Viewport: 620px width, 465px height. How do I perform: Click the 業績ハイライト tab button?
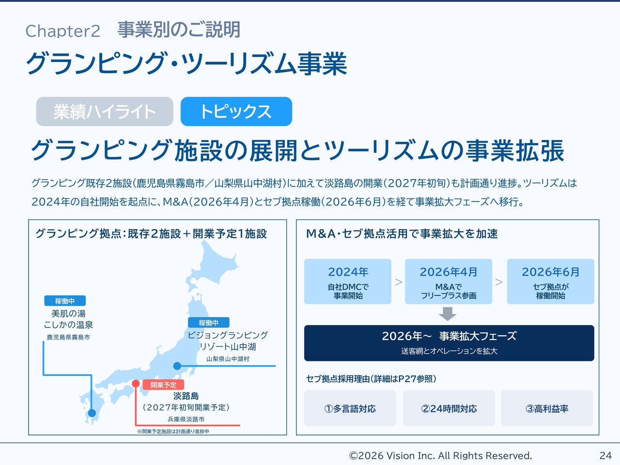(x=105, y=111)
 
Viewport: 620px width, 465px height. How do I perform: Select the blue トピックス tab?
(x=236, y=111)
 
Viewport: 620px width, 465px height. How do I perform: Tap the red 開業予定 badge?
(x=163, y=385)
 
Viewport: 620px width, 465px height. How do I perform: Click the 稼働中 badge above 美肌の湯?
(x=65, y=301)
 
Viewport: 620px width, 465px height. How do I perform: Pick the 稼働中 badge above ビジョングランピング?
(x=209, y=323)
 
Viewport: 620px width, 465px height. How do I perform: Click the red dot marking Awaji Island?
(x=136, y=384)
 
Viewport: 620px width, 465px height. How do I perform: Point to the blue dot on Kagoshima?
(x=92, y=413)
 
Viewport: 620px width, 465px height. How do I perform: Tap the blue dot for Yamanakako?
(x=177, y=366)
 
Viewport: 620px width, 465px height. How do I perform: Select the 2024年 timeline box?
(x=348, y=281)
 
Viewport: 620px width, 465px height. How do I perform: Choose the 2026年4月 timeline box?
(x=449, y=281)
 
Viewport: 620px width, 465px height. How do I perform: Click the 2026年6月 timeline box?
(x=551, y=281)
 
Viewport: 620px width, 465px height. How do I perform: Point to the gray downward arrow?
(x=448, y=314)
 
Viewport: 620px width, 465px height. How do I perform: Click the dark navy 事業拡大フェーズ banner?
(x=449, y=343)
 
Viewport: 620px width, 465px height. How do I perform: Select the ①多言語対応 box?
(x=350, y=408)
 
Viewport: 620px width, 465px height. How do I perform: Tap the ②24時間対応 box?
(x=449, y=408)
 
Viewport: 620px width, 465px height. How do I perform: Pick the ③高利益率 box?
(x=547, y=408)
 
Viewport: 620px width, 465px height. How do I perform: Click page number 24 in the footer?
(x=605, y=455)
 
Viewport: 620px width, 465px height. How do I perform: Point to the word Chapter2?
(x=62, y=31)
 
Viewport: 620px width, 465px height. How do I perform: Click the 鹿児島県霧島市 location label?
(x=68, y=337)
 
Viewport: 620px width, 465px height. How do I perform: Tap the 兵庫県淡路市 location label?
(x=186, y=419)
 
